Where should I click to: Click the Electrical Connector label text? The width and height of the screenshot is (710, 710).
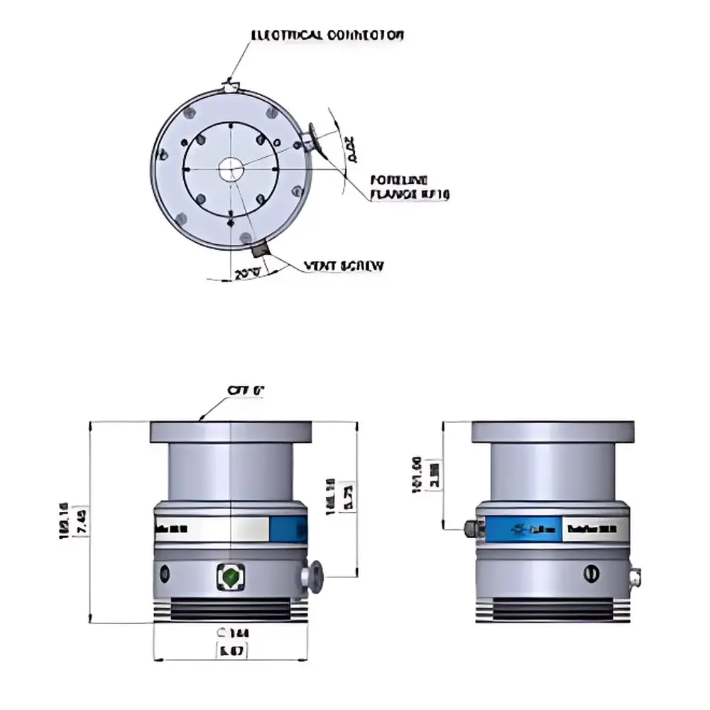click(x=327, y=35)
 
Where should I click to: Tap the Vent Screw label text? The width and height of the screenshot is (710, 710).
click(x=344, y=266)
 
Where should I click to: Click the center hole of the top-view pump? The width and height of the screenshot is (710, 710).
click(x=230, y=169)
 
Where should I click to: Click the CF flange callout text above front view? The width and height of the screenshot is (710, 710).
click(x=246, y=390)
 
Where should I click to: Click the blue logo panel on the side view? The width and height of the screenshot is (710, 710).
click(x=524, y=529)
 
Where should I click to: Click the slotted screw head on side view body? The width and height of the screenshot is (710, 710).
click(x=591, y=572)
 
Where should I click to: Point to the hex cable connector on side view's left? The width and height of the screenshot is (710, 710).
click(x=471, y=528)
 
